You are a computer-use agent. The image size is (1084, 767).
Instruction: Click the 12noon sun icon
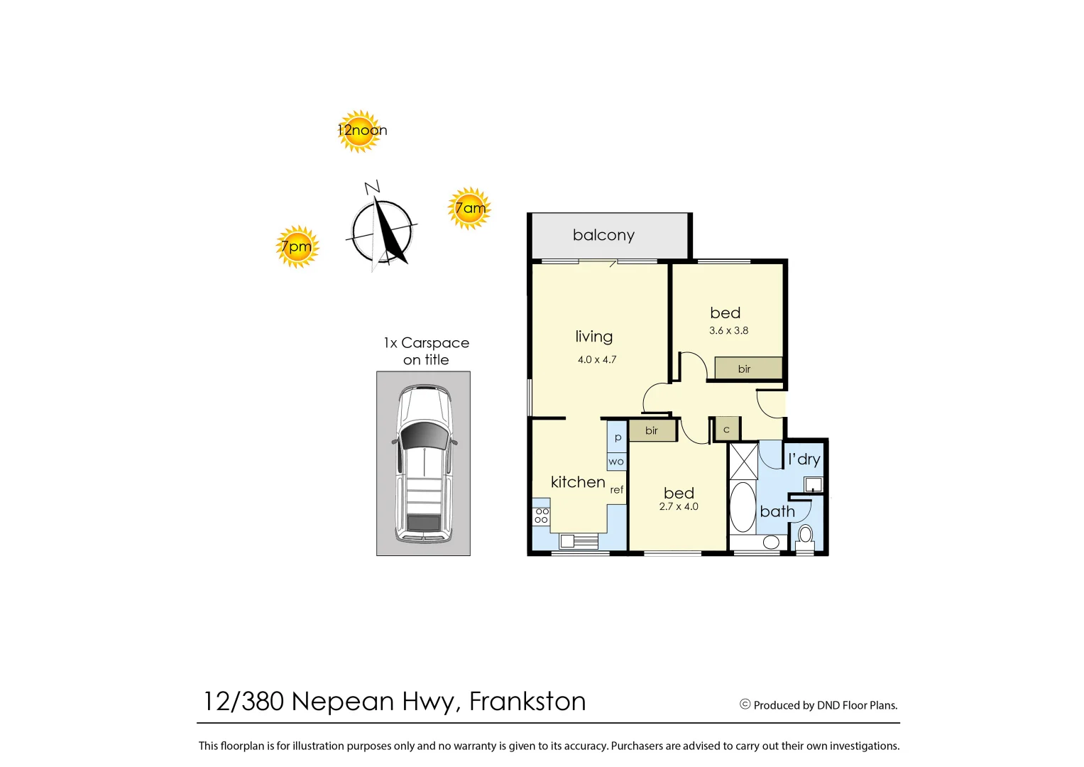(360, 131)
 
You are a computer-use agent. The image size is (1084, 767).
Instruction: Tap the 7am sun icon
(469, 208)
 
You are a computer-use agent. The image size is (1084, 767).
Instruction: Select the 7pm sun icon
(297, 246)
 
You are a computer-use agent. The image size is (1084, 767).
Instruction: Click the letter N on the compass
(372, 187)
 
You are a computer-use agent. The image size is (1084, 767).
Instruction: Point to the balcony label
(603, 235)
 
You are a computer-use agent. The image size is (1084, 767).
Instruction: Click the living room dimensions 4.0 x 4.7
(597, 360)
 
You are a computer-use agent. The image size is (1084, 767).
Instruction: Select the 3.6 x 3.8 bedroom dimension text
(728, 331)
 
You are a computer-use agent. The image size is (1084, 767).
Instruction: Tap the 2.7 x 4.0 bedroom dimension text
(679, 507)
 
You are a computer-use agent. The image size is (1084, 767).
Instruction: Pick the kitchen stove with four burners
(542, 516)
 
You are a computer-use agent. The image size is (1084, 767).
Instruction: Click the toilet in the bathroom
(805, 535)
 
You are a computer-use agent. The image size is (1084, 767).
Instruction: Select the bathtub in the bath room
(743, 507)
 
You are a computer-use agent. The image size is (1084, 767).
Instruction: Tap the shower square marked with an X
(744, 462)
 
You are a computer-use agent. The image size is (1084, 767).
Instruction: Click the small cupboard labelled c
(727, 430)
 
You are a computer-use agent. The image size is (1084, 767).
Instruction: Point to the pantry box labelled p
(617, 437)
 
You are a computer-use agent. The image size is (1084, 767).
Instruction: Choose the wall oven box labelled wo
(616, 462)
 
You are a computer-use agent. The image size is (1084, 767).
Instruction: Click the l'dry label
(804, 459)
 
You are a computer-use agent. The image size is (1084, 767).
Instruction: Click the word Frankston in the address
(527, 702)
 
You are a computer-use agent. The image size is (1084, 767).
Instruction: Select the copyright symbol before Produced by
(745, 705)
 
